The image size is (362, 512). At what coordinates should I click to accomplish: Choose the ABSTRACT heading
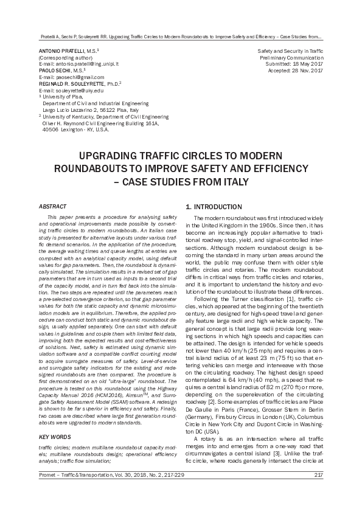point(52,207)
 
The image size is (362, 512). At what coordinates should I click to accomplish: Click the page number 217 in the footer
point(318,493)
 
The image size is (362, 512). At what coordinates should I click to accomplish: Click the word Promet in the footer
point(47,493)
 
